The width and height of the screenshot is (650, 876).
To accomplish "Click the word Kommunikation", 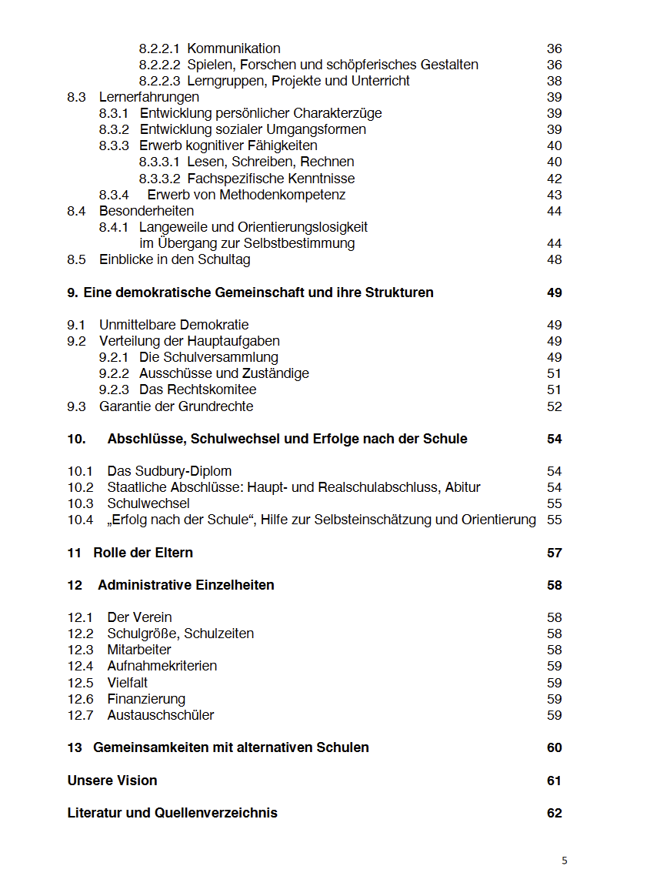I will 234,48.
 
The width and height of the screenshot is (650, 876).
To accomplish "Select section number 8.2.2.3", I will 160,81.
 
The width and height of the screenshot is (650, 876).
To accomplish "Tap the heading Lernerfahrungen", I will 149,97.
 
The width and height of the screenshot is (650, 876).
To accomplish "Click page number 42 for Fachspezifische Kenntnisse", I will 554,179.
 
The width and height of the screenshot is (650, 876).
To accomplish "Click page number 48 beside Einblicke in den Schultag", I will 554,259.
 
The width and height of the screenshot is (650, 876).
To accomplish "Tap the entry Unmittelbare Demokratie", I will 174,325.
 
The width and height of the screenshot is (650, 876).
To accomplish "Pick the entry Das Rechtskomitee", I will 198,390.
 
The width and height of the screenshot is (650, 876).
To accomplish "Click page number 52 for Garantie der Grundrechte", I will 554,406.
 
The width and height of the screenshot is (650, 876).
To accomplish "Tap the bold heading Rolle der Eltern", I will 143,553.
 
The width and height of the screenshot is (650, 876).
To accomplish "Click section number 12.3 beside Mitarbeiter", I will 80,650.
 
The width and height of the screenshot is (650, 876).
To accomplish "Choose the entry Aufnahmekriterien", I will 162,666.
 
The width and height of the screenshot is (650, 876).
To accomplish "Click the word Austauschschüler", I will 161,715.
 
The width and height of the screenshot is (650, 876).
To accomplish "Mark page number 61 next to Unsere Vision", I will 554,781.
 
